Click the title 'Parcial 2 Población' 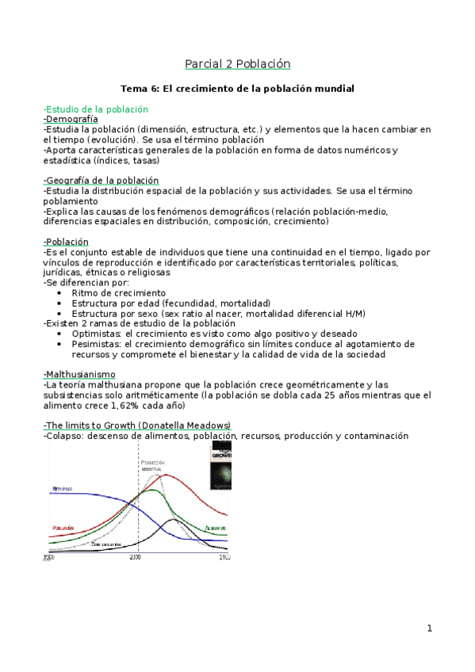(238, 63)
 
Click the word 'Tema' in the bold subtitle (132, 89)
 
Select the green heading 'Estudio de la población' (97, 109)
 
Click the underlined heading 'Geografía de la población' (102, 181)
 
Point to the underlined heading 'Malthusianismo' (80, 374)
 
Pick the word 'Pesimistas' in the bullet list (96, 344)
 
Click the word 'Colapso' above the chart (65, 436)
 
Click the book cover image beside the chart (220, 467)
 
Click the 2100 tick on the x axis (224, 558)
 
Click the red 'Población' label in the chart (63, 527)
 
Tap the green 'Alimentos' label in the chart (215, 528)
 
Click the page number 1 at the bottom (429, 628)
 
